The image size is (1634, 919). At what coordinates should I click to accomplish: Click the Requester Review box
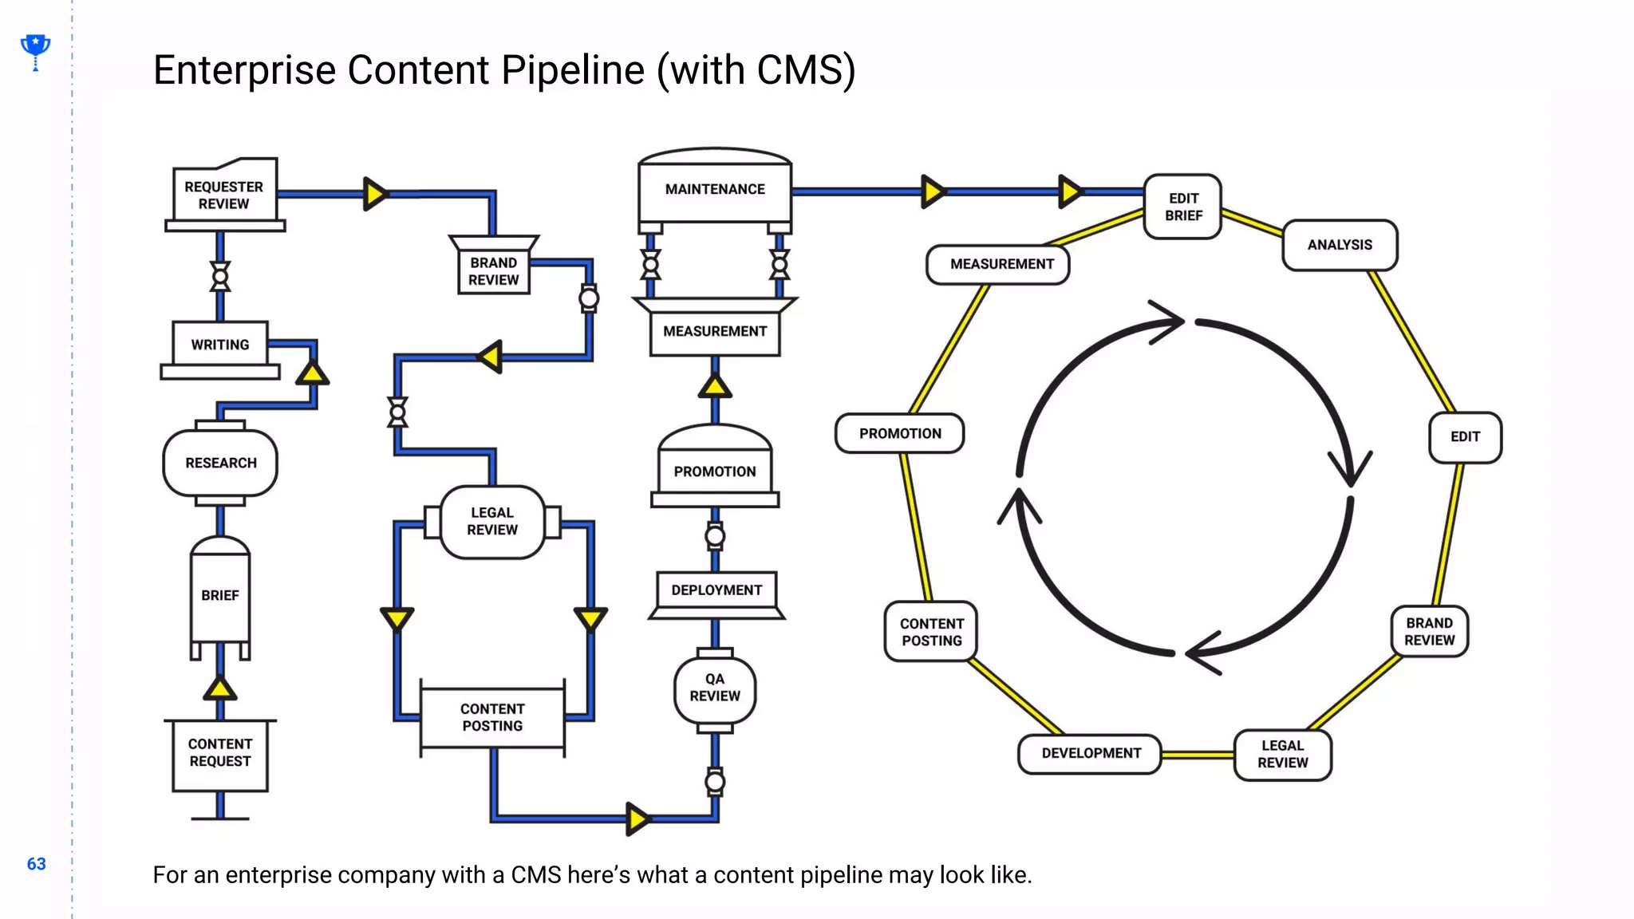point(224,195)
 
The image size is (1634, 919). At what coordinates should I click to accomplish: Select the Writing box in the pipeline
point(220,345)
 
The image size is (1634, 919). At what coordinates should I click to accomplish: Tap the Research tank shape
point(220,463)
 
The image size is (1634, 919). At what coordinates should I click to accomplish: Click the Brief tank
point(220,595)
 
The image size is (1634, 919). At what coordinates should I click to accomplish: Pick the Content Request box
point(220,753)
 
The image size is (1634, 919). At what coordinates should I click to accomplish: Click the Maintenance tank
point(715,189)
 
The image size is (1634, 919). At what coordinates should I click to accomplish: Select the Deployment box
point(716,590)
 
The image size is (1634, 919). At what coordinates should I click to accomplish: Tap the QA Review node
point(715,688)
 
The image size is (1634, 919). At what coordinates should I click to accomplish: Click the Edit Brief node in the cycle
point(1183,207)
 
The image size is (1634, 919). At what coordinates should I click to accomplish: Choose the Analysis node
point(1340,245)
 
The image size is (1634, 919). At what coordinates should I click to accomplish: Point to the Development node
point(1091,753)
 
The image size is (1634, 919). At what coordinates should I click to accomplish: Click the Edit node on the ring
point(1465,437)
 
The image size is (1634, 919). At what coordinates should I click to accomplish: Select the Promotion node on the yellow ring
point(900,434)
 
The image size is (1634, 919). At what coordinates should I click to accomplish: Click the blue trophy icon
point(35,49)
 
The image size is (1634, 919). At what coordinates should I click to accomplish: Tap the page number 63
point(37,864)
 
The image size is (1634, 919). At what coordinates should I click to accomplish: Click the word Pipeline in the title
point(572,70)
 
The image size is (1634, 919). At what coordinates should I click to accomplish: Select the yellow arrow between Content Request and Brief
point(220,688)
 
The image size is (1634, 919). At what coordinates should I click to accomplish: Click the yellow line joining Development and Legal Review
point(1198,755)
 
